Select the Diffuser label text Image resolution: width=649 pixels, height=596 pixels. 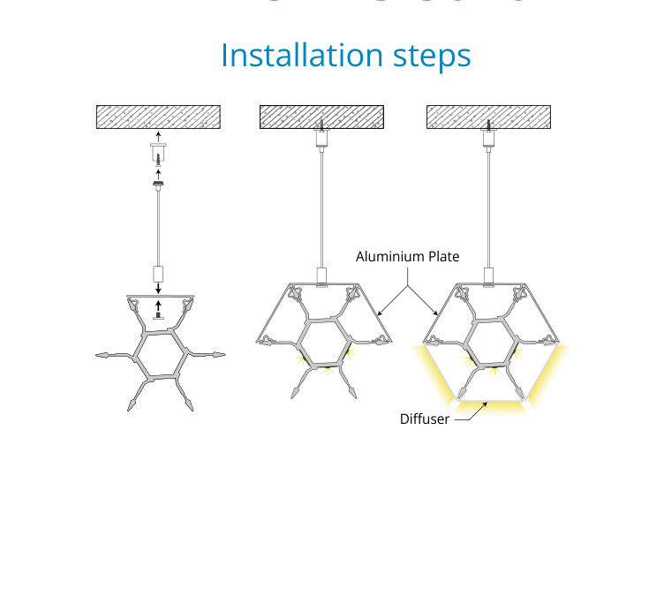point(425,419)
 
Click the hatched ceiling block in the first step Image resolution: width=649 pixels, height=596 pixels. point(158,117)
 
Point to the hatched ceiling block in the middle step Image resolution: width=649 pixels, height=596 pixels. point(321,117)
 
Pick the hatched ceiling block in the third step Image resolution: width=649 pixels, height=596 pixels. point(487,117)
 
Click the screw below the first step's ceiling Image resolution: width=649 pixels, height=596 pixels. point(158,162)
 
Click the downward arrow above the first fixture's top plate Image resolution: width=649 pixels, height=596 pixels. point(158,288)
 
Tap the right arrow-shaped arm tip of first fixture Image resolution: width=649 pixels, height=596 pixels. point(217,355)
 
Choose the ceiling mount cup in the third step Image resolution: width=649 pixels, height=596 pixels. point(487,139)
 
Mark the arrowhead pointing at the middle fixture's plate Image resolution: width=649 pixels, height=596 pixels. point(379,315)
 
